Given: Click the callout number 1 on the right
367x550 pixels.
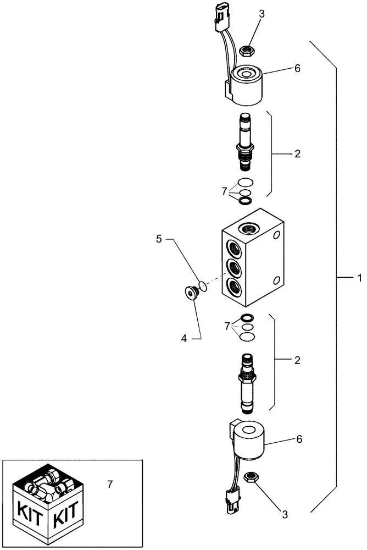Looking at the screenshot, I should coord(359,279).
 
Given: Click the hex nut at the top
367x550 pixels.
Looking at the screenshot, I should coord(247,51).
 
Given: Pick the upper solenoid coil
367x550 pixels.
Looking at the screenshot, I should coord(247,86).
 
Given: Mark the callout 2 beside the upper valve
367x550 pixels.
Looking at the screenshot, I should coord(297,155).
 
